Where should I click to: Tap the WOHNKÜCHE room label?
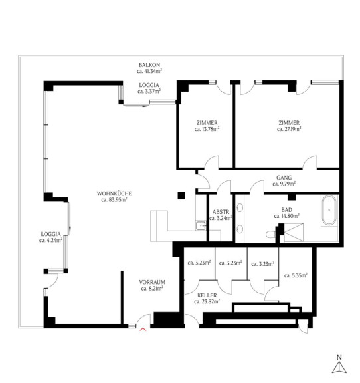[x=114, y=193]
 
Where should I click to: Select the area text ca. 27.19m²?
[x=289, y=129]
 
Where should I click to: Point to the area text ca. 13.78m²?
[x=207, y=129]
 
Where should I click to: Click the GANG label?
[x=284, y=178]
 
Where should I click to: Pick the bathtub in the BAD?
[x=329, y=211]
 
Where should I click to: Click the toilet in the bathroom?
[x=270, y=235]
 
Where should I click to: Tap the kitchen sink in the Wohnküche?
[x=201, y=225]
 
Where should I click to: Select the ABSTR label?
[x=221, y=212]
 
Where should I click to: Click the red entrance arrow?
[x=143, y=330]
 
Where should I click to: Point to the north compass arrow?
[x=339, y=368]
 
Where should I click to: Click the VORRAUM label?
[x=152, y=282]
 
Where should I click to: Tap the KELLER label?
[x=207, y=295]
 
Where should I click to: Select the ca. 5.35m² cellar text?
[x=296, y=275]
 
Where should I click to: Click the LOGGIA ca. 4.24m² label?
[x=50, y=237]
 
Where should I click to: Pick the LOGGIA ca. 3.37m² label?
[x=149, y=88]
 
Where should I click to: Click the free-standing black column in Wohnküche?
[x=181, y=195]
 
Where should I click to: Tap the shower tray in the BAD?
[x=294, y=233]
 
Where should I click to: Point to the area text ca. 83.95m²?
[x=114, y=199]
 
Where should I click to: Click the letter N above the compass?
[x=339, y=357]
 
